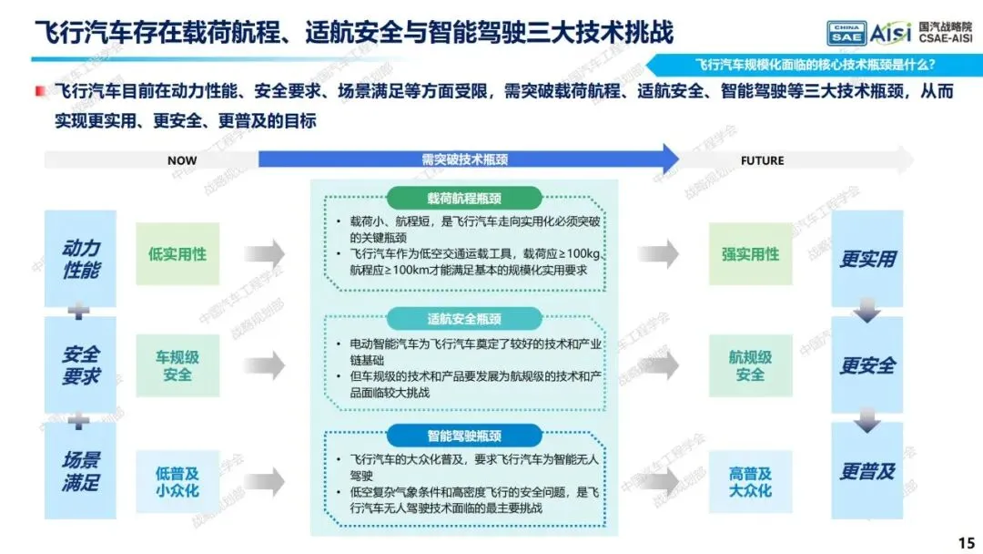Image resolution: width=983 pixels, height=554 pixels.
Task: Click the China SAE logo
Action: [x=846, y=34]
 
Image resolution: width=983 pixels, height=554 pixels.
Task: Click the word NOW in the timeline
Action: [x=182, y=160]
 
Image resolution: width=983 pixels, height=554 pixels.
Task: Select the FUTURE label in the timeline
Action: [x=762, y=160]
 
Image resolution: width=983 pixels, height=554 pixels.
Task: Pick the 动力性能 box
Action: [x=81, y=259]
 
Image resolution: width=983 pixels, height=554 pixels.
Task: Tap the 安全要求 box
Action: [x=81, y=364]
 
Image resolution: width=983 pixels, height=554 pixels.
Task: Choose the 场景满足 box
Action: [x=81, y=471]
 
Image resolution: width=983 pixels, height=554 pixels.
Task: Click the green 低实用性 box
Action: [x=177, y=254]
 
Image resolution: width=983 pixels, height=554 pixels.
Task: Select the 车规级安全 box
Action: [x=177, y=365]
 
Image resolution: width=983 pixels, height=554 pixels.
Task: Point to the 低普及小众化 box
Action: [x=177, y=481]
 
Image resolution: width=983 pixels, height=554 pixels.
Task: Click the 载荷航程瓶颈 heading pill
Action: [x=464, y=199]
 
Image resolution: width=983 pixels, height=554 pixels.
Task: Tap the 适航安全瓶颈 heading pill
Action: [x=464, y=319]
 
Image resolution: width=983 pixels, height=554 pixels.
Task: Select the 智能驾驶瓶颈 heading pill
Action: [x=464, y=435]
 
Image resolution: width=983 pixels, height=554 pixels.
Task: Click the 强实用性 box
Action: [x=751, y=254]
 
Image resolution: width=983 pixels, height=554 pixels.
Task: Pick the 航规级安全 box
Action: [x=751, y=365]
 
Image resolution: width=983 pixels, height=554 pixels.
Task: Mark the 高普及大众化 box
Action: [x=751, y=482]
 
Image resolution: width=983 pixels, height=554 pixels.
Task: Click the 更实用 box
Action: [x=867, y=259]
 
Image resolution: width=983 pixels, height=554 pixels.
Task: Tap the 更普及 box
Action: [x=867, y=471]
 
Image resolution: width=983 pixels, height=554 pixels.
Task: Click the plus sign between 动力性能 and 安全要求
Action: [x=80, y=312]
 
